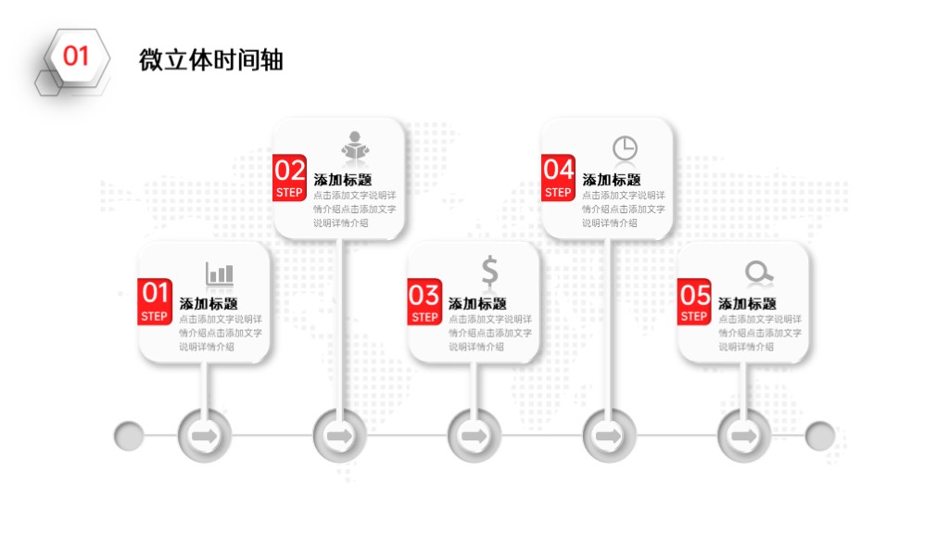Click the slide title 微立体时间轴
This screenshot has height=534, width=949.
tap(211, 60)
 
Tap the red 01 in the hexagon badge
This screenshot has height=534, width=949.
tap(76, 57)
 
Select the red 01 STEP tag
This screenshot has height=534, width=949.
tap(155, 301)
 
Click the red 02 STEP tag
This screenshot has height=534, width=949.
tap(289, 178)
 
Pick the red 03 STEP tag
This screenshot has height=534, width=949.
tap(424, 301)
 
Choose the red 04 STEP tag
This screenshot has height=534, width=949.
tap(558, 178)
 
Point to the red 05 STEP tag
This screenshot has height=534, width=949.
tap(694, 301)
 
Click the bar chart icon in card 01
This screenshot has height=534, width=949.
tap(220, 273)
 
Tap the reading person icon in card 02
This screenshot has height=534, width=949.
tap(355, 146)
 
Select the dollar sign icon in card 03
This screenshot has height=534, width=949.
tap(489, 270)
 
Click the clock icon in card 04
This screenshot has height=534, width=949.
tap(625, 147)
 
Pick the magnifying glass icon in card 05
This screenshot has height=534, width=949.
tap(759, 273)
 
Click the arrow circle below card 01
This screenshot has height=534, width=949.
tap(205, 436)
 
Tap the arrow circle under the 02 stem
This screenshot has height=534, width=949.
tap(339, 436)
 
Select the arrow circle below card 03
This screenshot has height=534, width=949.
tap(474, 436)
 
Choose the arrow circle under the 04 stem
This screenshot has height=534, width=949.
tap(610, 436)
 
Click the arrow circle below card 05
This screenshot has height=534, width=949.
tap(744, 436)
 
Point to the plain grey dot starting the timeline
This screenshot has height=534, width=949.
tap(129, 436)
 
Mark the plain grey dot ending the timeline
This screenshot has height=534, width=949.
tap(820, 436)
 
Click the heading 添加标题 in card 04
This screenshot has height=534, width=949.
tap(612, 180)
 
